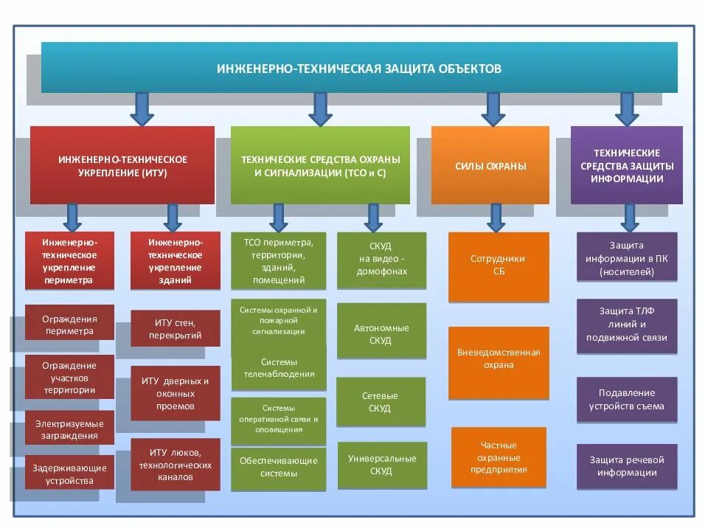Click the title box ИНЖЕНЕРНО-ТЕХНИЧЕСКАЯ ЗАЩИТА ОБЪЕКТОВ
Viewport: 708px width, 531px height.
[359, 68]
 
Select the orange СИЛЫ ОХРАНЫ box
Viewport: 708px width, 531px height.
[490, 166]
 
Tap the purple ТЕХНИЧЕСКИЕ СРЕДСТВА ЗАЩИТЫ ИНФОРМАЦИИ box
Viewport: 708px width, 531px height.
[626, 166]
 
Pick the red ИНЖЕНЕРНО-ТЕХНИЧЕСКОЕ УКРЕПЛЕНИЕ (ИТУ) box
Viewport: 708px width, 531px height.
[122, 166]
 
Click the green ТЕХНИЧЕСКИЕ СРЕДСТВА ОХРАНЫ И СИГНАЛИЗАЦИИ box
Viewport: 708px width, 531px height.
[320, 166]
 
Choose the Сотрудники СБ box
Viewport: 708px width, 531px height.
[499, 266]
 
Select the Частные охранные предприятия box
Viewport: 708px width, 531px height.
[499, 457]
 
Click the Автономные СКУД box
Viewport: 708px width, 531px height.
[381, 331]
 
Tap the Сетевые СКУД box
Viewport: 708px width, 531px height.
[381, 402]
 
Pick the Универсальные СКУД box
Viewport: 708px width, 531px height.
[381, 465]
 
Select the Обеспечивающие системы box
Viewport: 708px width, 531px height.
[279, 468]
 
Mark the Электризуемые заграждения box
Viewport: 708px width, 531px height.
[69, 429]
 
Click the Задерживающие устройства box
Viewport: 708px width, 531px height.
[69, 473]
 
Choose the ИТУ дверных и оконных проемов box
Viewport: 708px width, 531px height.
[175, 393]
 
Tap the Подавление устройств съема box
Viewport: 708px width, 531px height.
[626, 400]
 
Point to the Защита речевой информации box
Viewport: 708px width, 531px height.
[626, 466]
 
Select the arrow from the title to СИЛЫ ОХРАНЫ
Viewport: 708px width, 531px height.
[493, 108]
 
